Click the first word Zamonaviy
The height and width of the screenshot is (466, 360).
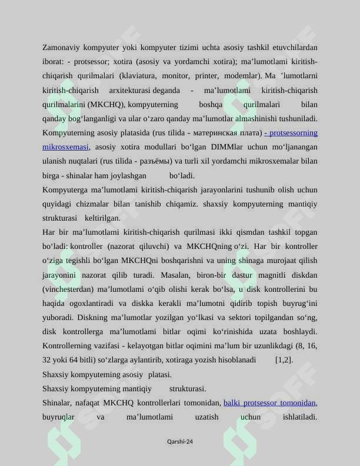coord(61,47)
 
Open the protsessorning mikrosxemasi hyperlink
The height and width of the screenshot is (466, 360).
coord(65,147)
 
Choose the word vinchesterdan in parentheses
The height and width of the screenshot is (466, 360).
coord(68,289)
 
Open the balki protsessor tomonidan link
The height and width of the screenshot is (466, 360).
coord(269,403)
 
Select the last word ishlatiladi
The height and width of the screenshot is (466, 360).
coord(300,417)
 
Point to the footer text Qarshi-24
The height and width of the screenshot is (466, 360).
coord(180,441)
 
